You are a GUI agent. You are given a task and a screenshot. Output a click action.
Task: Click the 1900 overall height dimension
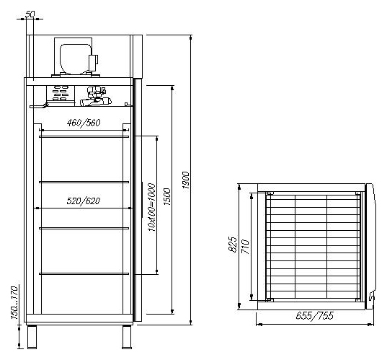coord(186,180)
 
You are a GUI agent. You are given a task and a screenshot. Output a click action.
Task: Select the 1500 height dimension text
coord(167,197)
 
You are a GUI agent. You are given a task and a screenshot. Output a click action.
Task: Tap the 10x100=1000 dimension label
coord(151,207)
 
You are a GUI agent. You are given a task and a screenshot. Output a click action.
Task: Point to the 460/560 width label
coord(84,123)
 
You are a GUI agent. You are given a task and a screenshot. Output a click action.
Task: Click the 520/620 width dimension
coord(84,201)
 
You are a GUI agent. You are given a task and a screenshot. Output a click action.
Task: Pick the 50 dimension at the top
coord(30,14)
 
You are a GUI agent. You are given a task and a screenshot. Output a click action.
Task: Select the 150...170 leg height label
coord(15,303)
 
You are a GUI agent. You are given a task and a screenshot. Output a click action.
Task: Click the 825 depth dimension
coord(232,245)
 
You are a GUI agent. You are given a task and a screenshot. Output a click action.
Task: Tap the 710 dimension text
coord(245,247)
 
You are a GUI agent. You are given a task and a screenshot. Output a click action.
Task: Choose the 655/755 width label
coord(315,315)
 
